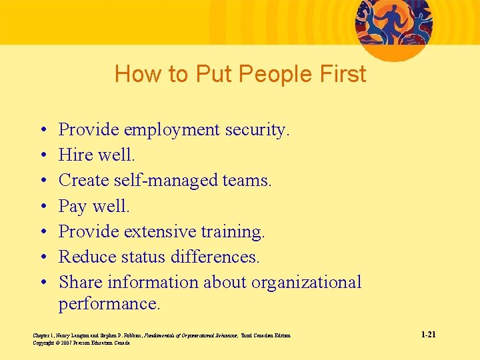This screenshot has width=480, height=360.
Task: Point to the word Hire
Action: (x=75, y=155)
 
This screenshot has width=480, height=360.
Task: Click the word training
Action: (x=236, y=232)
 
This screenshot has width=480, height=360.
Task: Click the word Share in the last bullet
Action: (x=81, y=282)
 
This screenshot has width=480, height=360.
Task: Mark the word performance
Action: (x=109, y=305)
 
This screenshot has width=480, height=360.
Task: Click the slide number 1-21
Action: (x=428, y=334)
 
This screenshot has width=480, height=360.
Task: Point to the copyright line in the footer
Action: (x=81, y=343)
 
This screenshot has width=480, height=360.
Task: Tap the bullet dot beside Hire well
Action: (x=43, y=155)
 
